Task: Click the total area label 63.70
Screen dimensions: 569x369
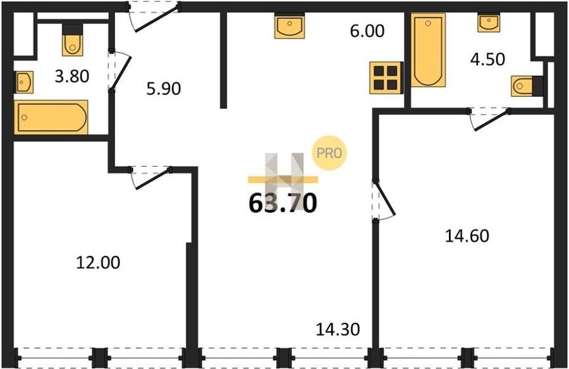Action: (x=283, y=203)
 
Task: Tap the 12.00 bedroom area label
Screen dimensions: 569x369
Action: (x=98, y=262)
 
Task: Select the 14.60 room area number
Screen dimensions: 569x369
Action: (x=467, y=236)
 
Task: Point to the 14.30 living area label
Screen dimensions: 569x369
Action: (x=338, y=329)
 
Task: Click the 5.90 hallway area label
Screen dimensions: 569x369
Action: (x=164, y=88)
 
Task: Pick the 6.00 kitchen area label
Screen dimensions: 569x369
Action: (x=367, y=31)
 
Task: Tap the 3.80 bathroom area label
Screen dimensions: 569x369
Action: (x=72, y=76)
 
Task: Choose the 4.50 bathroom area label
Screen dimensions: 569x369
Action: (x=487, y=59)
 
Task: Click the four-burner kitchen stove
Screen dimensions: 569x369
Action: (x=386, y=78)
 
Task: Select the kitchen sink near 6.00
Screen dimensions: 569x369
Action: (x=290, y=26)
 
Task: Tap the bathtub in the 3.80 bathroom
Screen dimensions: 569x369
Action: (x=51, y=117)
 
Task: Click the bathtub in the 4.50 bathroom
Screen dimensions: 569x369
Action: (x=428, y=50)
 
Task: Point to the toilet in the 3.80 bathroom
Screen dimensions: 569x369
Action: (x=73, y=40)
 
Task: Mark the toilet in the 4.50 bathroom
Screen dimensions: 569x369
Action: (x=527, y=86)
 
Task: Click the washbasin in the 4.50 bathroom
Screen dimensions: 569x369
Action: (x=489, y=23)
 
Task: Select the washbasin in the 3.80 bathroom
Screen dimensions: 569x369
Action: (x=23, y=82)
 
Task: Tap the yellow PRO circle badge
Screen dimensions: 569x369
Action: (x=329, y=153)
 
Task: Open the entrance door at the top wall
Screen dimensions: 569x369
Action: (x=154, y=16)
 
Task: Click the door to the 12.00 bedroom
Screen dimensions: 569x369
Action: (x=150, y=178)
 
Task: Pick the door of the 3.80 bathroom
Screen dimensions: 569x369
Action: (x=119, y=71)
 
